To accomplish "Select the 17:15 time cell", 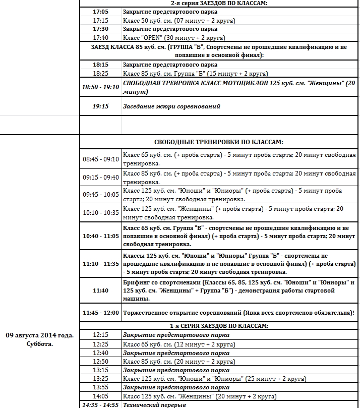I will coord(101,20).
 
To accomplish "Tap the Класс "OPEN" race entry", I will coord(174,38).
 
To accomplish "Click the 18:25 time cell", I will coord(101,74).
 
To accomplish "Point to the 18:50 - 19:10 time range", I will coord(101,87).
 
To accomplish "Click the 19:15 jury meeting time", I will coord(101,106).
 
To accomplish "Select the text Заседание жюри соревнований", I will coord(171,106).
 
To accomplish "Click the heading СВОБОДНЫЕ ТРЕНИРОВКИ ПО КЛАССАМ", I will coord(218,142).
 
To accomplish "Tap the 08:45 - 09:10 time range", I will coord(101,159).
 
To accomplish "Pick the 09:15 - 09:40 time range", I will coord(101,177).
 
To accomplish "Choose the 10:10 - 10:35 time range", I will coord(101,212).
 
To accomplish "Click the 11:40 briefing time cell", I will coord(101,290).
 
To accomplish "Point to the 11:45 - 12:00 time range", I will coord(101,312).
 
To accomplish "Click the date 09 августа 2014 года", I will coord(40,335).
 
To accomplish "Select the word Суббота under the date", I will coord(40,344).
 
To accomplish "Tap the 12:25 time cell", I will coord(101,344).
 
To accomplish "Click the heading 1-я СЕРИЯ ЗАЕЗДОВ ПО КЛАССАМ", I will coord(218,326).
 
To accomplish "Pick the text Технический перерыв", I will coord(155,405).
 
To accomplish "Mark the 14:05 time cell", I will coord(101,396).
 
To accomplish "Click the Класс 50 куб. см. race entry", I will coord(179,20).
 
